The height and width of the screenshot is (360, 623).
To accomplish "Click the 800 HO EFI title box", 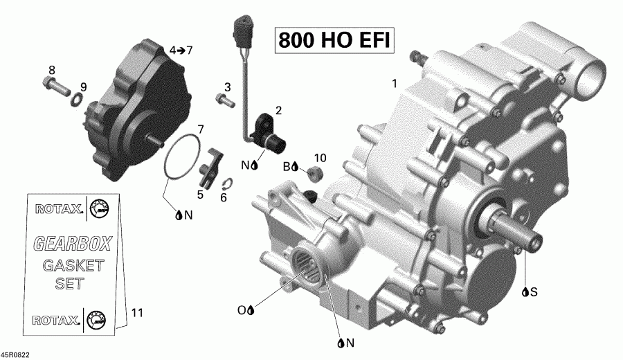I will coord(334,40).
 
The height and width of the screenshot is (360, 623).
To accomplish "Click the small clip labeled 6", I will coord(228,183).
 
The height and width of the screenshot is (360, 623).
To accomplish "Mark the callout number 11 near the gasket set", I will coord(136,313).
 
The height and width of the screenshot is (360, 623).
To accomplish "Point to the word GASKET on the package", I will coord(73,265).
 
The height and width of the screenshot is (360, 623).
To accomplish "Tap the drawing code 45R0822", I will coord(15,353).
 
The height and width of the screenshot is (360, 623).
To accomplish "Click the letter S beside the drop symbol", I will coord(534,291).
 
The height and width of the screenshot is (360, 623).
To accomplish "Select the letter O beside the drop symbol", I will coord(242,311).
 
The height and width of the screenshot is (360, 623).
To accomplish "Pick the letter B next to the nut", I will coord(285,168).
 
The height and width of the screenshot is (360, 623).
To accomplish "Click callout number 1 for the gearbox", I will coord(394,84).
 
